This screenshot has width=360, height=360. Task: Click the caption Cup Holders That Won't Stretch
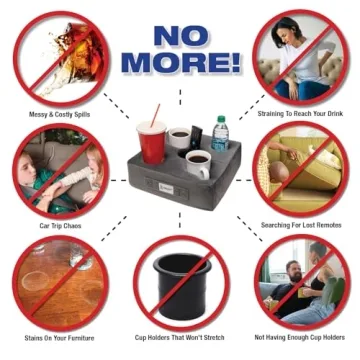(179, 338)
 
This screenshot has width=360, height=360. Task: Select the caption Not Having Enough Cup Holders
(301, 338)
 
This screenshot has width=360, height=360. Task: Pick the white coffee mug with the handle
(199, 163)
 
